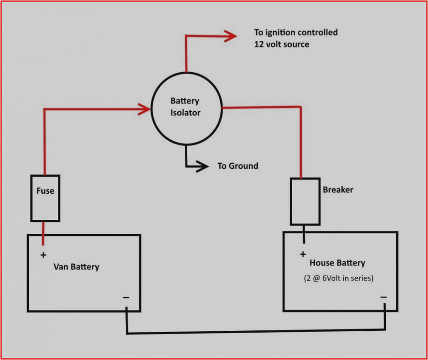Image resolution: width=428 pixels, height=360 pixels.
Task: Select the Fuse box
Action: click(45, 198)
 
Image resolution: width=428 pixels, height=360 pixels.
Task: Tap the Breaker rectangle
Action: click(305, 202)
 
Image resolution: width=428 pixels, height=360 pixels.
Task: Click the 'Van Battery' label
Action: click(76, 266)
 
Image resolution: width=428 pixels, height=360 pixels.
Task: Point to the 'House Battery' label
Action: click(337, 263)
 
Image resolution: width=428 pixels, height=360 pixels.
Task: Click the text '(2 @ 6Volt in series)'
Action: click(338, 278)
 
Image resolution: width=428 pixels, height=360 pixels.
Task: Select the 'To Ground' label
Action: click(238, 166)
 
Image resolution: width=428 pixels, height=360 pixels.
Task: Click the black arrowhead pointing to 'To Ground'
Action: click(202, 166)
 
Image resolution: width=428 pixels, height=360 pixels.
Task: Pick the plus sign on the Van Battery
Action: click(43, 255)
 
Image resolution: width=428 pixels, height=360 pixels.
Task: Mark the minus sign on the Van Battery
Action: click(126, 297)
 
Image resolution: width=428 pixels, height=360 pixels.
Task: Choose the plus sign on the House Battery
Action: click(303, 254)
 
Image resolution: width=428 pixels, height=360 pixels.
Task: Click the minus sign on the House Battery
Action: click(383, 297)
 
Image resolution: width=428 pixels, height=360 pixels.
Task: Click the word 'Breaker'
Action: click(338, 190)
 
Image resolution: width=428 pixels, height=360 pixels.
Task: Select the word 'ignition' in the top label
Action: click(281, 33)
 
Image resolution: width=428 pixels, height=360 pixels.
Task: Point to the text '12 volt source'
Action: click(282, 44)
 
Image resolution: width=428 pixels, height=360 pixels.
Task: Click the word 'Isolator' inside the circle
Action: click(185, 113)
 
